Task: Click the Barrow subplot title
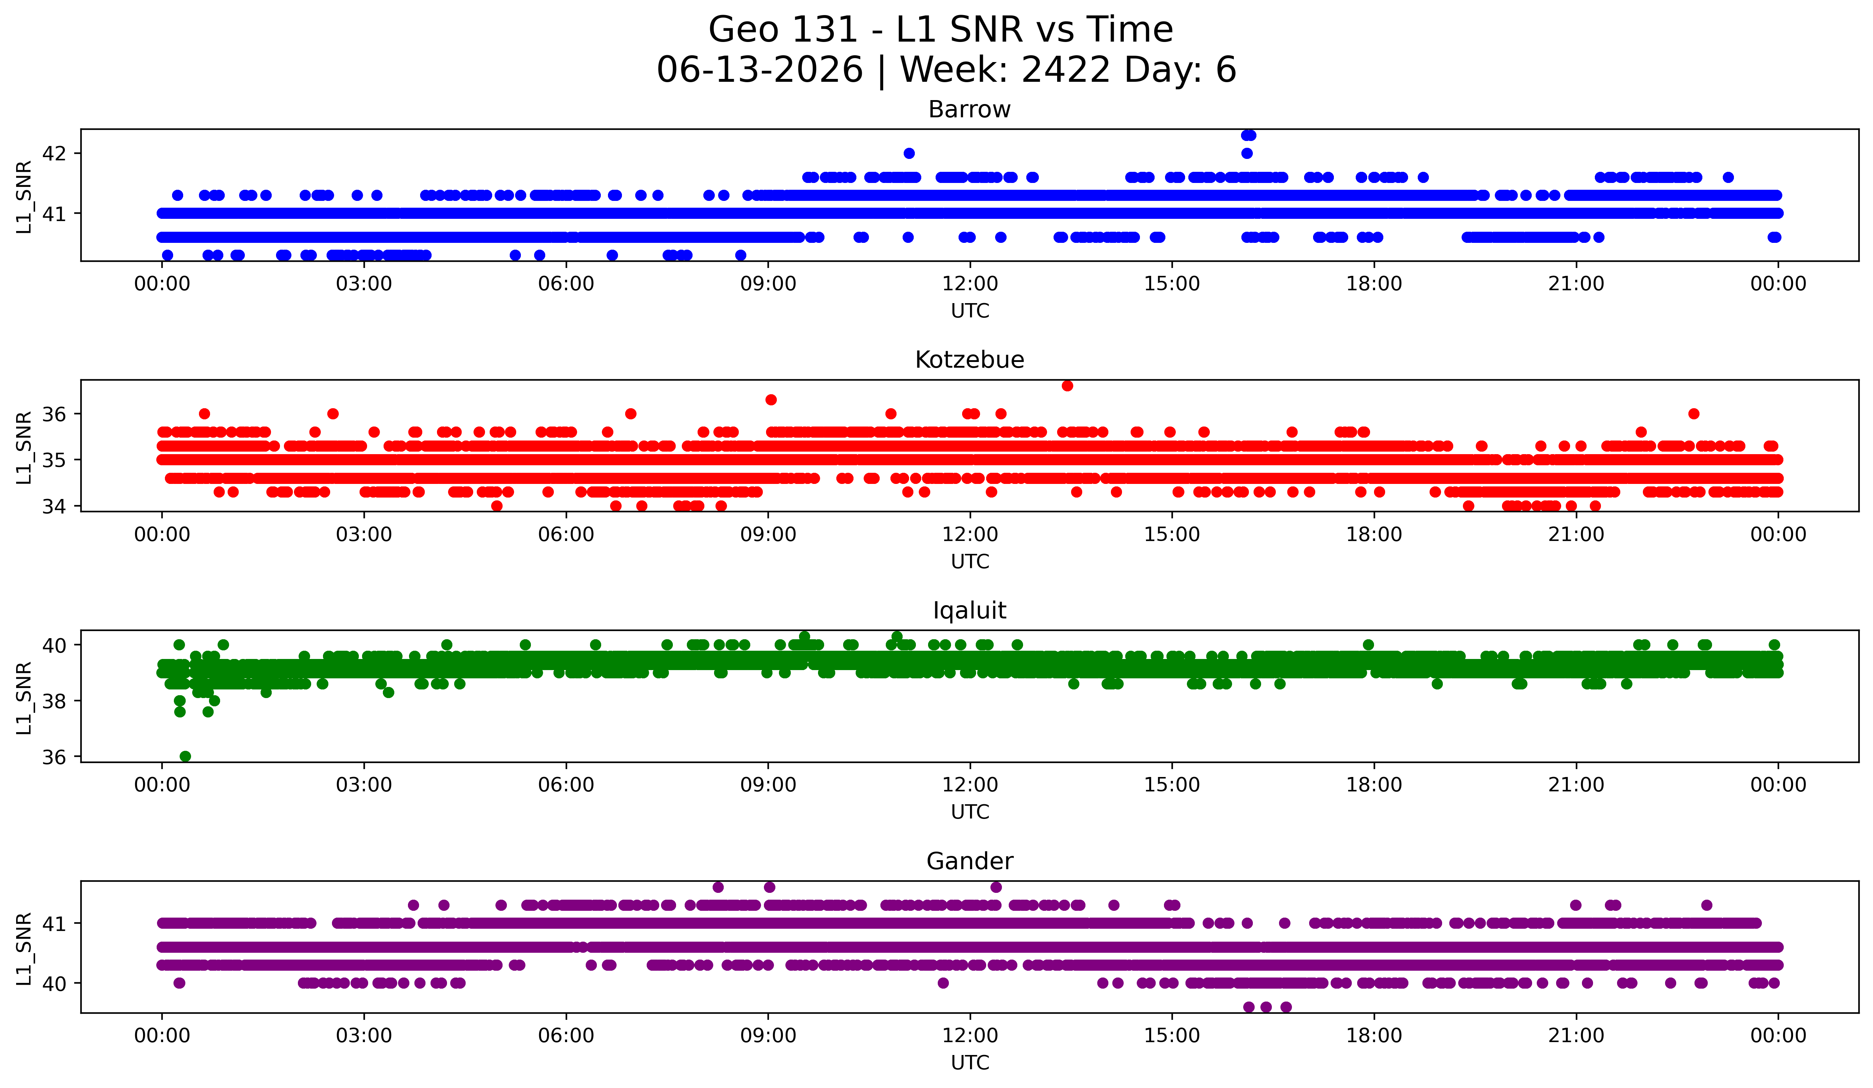(969, 109)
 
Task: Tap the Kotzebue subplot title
(969, 360)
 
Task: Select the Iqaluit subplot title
(969, 611)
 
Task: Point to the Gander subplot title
(969, 861)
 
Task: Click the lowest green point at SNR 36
(185, 756)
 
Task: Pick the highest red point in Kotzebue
(1067, 385)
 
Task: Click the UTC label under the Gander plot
(970, 1063)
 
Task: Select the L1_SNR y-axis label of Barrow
(24, 197)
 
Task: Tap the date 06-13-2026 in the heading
(760, 70)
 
